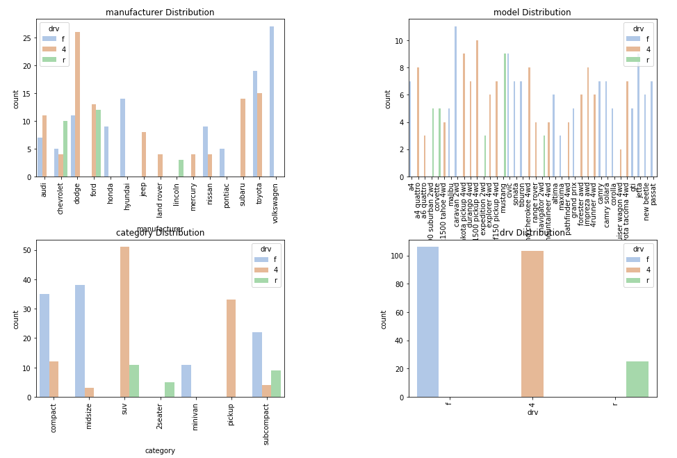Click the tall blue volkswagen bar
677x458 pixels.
(272, 101)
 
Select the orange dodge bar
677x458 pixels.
(77, 104)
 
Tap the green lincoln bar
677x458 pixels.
(181, 168)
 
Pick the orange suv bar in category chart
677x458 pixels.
(124, 322)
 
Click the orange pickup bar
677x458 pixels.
(231, 348)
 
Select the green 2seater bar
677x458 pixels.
(170, 390)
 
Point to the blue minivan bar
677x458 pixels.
(186, 381)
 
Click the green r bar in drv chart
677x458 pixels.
(637, 379)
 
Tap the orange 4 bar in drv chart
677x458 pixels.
(532, 324)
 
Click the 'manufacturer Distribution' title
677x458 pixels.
(160, 13)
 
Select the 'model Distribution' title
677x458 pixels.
(532, 13)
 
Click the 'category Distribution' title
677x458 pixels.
(160, 233)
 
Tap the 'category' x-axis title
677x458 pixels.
(160, 450)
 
